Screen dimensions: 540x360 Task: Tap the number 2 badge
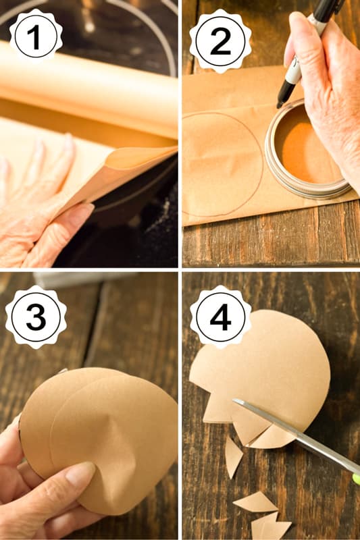click(220, 40)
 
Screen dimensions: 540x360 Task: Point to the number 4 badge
click(220, 317)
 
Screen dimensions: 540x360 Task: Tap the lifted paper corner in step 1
click(135, 169)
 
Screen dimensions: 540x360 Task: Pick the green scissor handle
click(355, 478)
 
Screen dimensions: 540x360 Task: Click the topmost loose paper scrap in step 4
click(232, 456)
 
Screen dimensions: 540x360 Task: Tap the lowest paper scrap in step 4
click(270, 526)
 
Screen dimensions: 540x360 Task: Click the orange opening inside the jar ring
click(304, 152)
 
